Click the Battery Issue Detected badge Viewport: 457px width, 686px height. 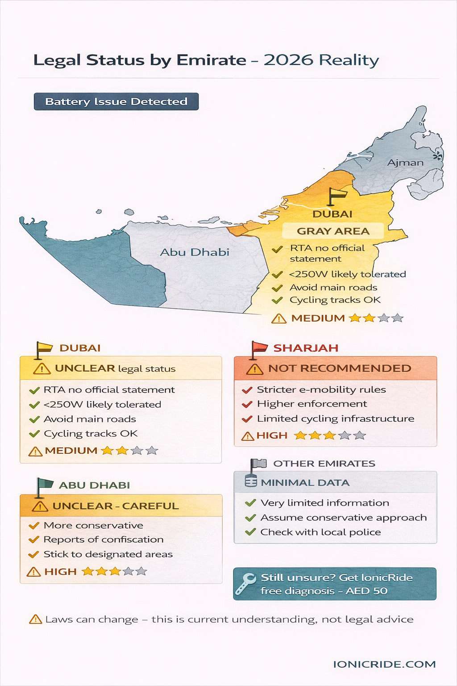pos(116,101)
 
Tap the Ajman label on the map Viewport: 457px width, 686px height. pos(405,163)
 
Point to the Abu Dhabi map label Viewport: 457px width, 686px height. pos(195,252)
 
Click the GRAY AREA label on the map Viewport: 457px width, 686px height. pos(333,231)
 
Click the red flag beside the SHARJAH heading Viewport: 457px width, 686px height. pos(258,348)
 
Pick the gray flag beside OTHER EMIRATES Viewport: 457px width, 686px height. pos(258,464)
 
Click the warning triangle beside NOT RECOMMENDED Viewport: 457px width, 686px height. pos(255,369)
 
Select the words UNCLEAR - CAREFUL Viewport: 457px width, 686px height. pos(116,506)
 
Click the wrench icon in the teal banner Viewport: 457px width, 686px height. pos(245,584)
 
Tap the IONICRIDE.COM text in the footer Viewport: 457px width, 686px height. pos(384,664)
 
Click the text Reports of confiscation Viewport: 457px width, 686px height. pos(104,540)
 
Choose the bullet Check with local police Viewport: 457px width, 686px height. pos(320,532)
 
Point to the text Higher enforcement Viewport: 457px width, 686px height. pos(312,404)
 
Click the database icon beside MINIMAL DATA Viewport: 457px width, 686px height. pos(251,482)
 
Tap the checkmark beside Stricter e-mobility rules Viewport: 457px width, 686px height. pos(247,390)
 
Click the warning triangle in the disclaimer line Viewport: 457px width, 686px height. pos(35,619)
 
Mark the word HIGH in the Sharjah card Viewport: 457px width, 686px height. pos(272,435)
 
